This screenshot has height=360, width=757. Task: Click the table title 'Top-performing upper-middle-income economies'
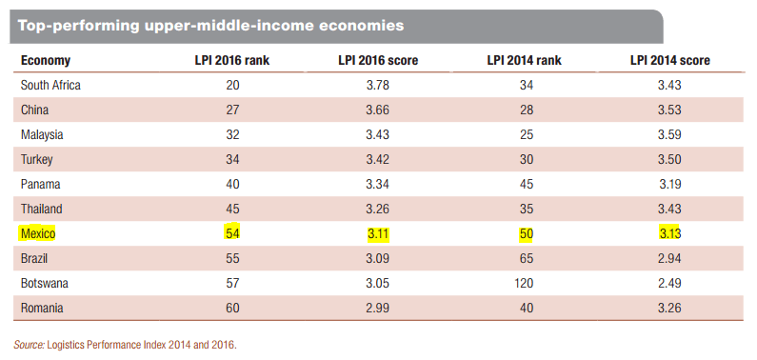210,25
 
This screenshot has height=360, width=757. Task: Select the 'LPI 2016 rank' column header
231,60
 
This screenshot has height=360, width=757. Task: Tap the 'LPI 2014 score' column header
669,60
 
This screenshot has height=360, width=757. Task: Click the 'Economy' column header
46,61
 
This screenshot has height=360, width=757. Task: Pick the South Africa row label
50,86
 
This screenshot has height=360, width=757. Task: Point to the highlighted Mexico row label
38,234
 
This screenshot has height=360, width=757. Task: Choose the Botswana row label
45,283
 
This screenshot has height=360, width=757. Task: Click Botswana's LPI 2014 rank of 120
527,283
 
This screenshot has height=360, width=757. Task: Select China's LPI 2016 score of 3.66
377,110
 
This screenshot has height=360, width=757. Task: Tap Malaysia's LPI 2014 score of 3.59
669,134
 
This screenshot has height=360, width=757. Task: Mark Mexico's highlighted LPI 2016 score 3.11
377,234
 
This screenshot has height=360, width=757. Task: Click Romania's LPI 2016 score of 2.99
377,308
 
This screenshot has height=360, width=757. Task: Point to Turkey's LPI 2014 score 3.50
669,160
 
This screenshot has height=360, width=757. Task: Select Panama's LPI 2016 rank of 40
232,185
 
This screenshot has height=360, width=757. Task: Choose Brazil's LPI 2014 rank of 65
527,259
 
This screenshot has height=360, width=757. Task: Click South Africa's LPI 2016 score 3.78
377,86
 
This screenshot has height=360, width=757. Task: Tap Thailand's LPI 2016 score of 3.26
377,209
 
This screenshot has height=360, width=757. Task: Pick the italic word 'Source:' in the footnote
30,345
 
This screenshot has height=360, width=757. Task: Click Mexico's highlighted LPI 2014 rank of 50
527,234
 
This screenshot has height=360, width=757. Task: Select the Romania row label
42,308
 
